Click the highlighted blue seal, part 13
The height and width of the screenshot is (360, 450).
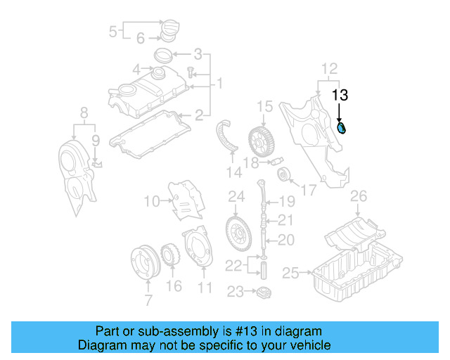click(342, 128)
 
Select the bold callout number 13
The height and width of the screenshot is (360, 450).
click(340, 95)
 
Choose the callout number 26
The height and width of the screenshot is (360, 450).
click(359, 195)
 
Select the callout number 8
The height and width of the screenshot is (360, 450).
click(84, 112)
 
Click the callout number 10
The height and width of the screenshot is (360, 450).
click(153, 202)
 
